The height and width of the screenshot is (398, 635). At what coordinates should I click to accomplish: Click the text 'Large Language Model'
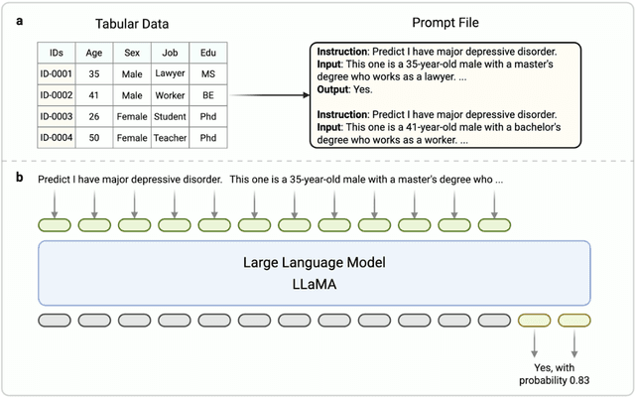(314, 264)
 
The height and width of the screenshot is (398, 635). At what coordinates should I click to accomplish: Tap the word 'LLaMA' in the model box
(314, 284)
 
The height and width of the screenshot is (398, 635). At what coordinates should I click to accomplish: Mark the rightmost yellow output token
(574, 320)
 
